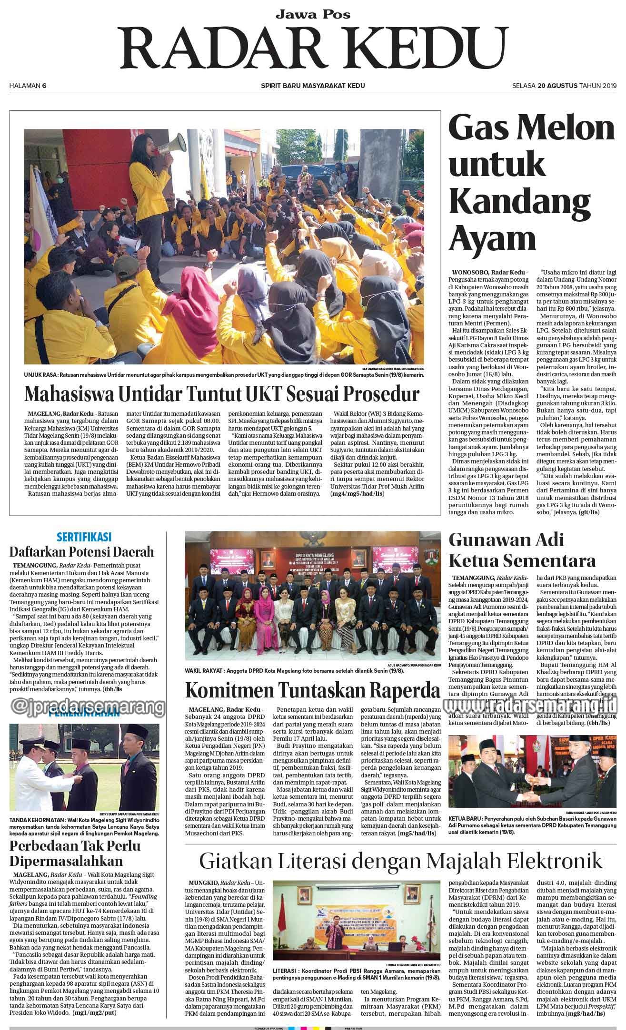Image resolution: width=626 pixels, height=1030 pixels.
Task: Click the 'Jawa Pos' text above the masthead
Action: coord(313,15)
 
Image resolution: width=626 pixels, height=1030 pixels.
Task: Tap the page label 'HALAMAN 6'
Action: coord(28,86)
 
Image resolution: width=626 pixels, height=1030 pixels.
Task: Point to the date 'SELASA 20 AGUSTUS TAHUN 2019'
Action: coord(564,86)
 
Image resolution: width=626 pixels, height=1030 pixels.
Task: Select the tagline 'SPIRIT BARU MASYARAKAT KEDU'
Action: coord(313,86)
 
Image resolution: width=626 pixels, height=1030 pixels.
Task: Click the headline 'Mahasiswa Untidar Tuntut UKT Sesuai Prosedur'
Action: coord(222,394)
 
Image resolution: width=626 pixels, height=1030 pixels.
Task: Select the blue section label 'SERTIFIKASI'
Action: coord(84,537)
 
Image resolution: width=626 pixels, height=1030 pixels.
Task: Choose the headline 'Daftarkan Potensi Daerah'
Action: coord(82,551)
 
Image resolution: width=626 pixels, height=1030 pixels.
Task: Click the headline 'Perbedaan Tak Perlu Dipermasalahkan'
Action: coord(75,854)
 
